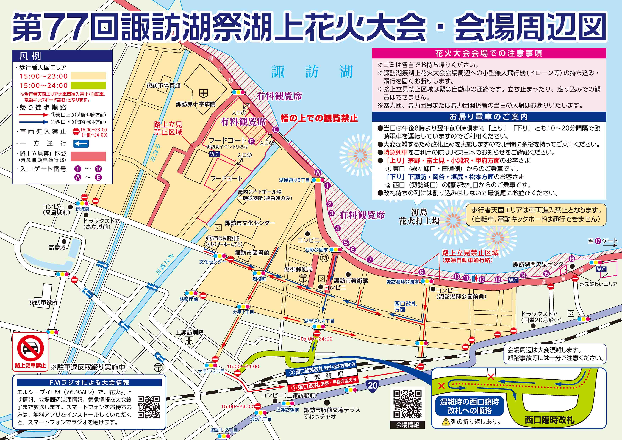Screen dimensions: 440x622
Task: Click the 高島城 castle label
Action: tap(57, 248)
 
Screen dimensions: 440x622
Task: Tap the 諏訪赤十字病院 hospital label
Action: tap(196, 104)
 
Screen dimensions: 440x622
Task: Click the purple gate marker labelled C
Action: tap(276, 130)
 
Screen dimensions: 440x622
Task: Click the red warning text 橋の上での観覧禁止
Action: tap(319, 118)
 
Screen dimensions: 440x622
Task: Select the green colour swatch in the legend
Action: tap(88, 86)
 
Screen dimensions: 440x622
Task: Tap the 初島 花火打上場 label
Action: tap(419, 217)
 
